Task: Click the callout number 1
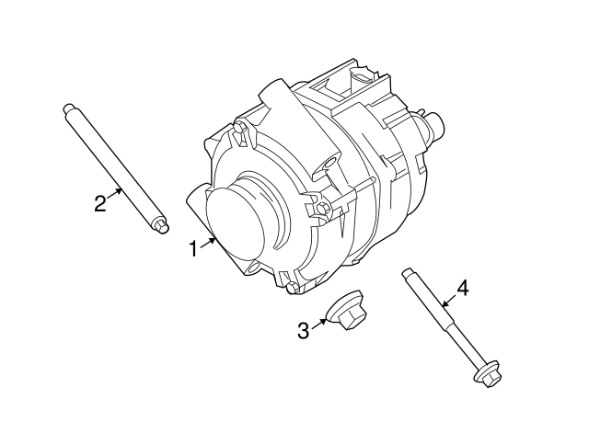point(194,248)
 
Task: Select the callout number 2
point(101,203)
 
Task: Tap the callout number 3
point(304,330)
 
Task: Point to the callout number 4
point(462,288)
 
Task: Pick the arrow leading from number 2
point(117,191)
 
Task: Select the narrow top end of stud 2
point(68,108)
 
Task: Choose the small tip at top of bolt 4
point(405,273)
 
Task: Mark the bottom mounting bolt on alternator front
point(293,288)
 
